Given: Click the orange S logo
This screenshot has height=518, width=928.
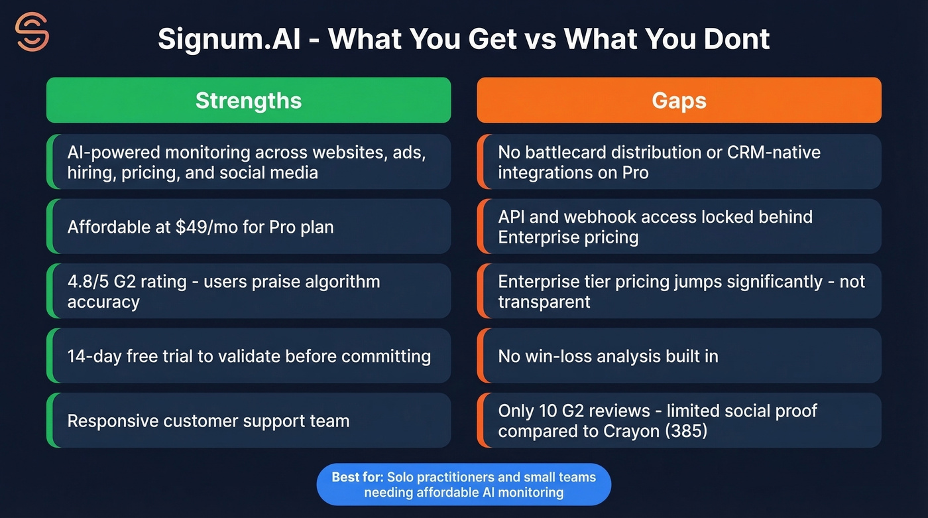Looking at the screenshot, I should pyautogui.click(x=32, y=31).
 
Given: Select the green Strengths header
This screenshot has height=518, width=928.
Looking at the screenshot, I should pyautogui.click(x=249, y=100).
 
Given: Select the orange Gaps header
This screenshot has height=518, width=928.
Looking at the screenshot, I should pyautogui.click(x=679, y=100).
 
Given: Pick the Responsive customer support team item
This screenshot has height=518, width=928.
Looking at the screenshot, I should pyautogui.click(x=208, y=421).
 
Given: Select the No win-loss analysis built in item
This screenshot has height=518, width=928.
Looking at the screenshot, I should pyautogui.click(x=608, y=356).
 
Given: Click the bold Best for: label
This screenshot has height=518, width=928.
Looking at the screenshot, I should pyautogui.click(x=357, y=477).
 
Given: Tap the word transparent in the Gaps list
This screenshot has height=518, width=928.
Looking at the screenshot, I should pyautogui.click(x=544, y=302).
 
